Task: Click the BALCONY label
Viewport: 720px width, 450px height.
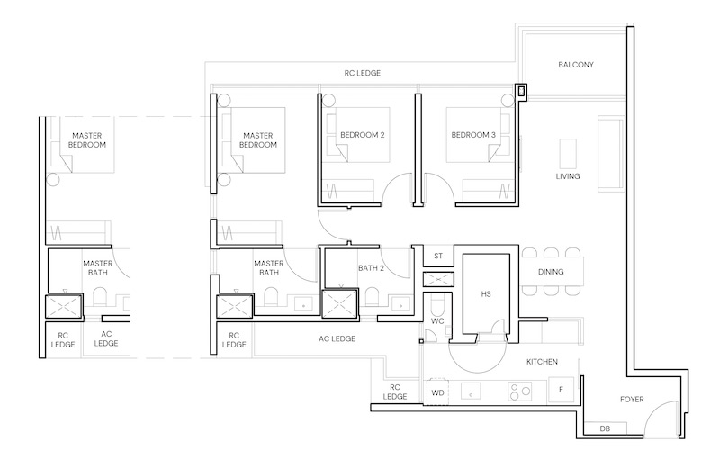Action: click(576, 65)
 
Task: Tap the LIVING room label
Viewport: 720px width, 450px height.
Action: click(568, 176)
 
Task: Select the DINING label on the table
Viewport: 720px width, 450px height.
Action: click(551, 272)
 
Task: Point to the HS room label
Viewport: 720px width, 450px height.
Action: click(486, 294)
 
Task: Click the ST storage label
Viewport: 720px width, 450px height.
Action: click(438, 256)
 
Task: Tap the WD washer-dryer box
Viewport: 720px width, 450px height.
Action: click(437, 392)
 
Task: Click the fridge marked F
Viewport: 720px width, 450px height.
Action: click(561, 390)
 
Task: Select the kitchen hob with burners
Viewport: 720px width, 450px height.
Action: click(520, 391)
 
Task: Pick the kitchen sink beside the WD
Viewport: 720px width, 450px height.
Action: click(471, 391)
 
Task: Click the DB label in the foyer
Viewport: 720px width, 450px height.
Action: click(605, 429)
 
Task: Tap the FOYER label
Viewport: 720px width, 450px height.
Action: click(632, 400)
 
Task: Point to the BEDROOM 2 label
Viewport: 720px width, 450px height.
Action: click(363, 135)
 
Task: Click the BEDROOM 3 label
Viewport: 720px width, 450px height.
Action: click(473, 135)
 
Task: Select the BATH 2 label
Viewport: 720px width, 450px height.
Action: click(371, 267)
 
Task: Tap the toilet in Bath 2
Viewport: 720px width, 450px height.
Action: click(372, 298)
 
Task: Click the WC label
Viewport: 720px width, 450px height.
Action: click(437, 321)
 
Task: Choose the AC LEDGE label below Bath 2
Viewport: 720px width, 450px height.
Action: click(337, 339)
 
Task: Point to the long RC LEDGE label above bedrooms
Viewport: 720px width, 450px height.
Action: click(363, 73)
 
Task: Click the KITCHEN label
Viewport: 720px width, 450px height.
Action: click(542, 362)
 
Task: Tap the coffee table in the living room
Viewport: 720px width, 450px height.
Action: click(568, 154)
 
